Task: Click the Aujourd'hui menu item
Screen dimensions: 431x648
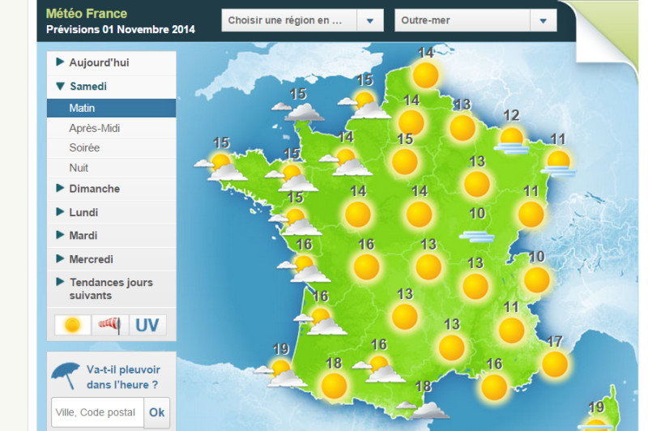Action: pyautogui.click(x=99, y=62)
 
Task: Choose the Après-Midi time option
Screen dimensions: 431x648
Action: pyautogui.click(x=95, y=128)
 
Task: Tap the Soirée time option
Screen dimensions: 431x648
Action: pyautogui.click(x=84, y=147)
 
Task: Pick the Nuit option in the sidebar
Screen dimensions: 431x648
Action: pyautogui.click(x=79, y=168)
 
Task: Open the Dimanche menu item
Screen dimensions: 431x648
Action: pyautogui.click(x=94, y=189)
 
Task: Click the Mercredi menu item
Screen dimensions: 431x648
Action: pyautogui.click(x=91, y=259)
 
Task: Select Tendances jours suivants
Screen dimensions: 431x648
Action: pyautogui.click(x=110, y=288)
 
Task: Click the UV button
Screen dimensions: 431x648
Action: pyautogui.click(x=147, y=325)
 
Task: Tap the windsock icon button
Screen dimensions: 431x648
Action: pyautogui.click(x=110, y=325)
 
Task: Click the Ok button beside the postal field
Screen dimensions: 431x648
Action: pyautogui.click(x=156, y=412)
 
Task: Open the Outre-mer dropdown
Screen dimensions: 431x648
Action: pyautogui.click(x=475, y=20)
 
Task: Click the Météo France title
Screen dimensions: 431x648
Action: pyautogui.click(x=87, y=14)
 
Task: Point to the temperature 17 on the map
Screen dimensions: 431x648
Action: pyautogui.click(x=555, y=341)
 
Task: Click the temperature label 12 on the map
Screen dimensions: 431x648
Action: pyautogui.click(x=511, y=115)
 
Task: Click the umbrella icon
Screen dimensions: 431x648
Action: pyautogui.click(x=66, y=374)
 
